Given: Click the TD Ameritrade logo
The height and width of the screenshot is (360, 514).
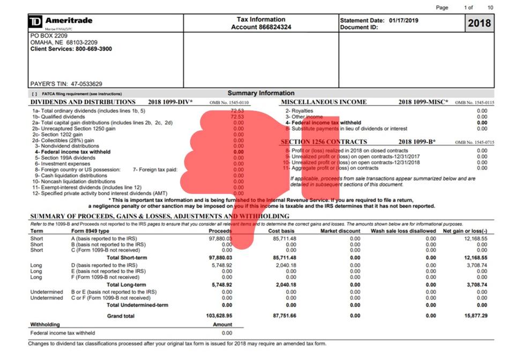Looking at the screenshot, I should [x=60, y=21].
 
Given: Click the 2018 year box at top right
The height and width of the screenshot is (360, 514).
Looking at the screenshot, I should [x=479, y=23].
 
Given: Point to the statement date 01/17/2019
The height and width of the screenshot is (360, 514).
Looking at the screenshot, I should [x=401, y=20].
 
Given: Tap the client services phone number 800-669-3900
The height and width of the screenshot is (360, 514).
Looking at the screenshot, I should [x=90, y=49].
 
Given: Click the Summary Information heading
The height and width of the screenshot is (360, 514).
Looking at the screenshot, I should [x=261, y=93].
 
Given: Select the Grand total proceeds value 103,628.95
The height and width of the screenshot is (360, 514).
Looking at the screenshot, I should [x=219, y=316].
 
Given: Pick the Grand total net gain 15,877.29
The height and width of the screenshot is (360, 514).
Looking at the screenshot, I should [x=475, y=316].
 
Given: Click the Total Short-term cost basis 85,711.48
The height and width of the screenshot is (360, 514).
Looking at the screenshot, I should [x=284, y=258].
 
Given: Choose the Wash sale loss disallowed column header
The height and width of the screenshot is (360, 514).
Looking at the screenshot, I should [x=403, y=231].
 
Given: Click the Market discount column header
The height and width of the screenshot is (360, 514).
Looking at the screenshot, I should [x=340, y=231].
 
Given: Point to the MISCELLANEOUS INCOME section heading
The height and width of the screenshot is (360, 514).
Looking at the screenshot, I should [x=324, y=102].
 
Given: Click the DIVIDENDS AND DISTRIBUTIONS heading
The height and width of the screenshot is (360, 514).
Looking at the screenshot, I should [x=83, y=102].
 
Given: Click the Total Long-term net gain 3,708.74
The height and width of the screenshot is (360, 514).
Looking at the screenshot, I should [x=476, y=284].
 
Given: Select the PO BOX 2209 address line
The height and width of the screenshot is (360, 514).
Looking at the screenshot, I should [x=48, y=36].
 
